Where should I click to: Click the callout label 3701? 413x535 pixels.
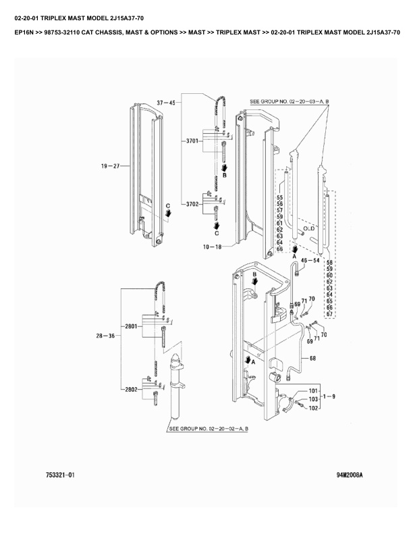click(x=192, y=141)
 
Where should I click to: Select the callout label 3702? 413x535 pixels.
click(x=192, y=204)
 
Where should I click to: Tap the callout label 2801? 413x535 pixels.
click(x=131, y=326)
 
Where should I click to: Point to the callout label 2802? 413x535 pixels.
click(x=131, y=389)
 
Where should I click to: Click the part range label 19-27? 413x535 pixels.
click(x=111, y=166)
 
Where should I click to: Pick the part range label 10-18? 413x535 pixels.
click(x=213, y=247)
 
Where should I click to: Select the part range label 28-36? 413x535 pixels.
click(x=105, y=336)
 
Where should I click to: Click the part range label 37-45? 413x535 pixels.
click(x=166, y=103)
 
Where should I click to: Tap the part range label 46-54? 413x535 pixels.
click(x=310, y=260)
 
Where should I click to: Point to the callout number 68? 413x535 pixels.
click(x=313, y=358)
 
